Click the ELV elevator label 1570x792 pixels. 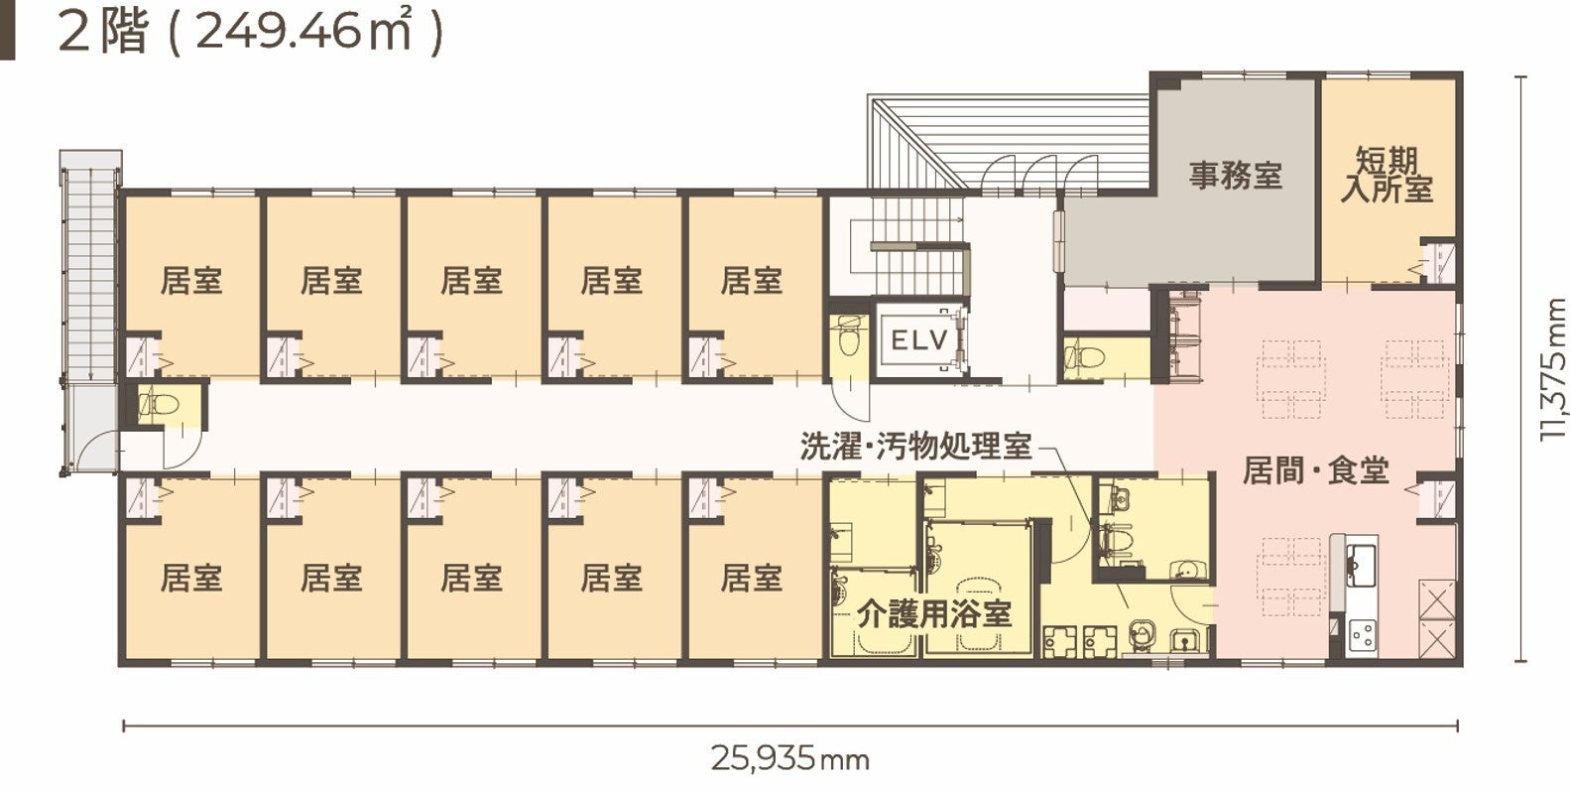pos(919,340)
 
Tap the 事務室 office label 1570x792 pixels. pos(1236,176)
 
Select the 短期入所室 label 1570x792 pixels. pos(1388,175)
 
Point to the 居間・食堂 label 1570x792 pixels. pos(1315,470)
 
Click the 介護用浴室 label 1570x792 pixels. pos(934,613)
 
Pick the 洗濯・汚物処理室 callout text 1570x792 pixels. pos(916,447)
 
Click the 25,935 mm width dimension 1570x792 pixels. pos(789,758)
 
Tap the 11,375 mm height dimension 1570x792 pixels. pos(1551,369)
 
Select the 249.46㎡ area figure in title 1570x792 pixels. pos(302,32)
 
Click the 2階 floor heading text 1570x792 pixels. pos(103,33)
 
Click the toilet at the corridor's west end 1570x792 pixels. pos(159,404)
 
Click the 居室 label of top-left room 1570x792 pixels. pos(191,281)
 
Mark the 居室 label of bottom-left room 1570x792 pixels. pos(191,578)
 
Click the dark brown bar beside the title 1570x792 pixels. pos(7,30)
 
